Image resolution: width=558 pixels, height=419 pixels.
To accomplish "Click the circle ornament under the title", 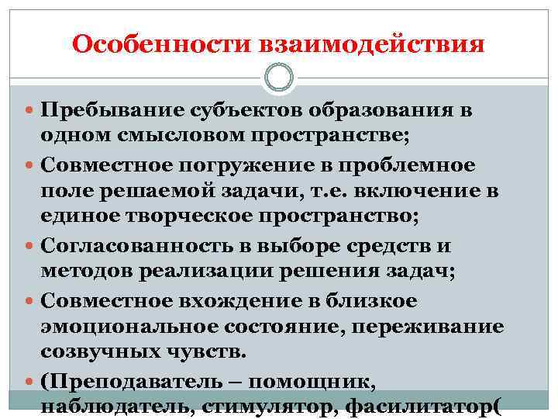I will tap(279, 78).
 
